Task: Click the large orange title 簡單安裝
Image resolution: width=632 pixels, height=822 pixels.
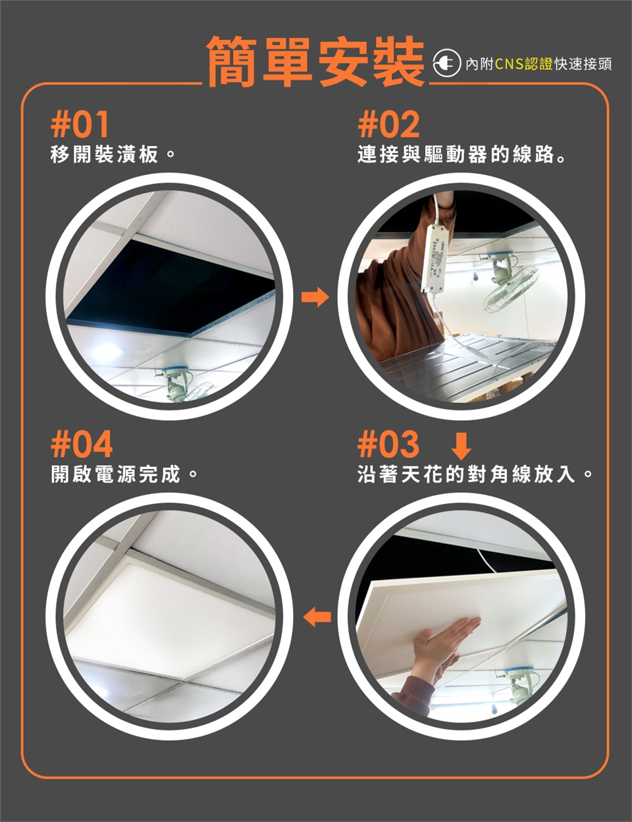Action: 315,63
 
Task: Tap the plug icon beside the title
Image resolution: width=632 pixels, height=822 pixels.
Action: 447,64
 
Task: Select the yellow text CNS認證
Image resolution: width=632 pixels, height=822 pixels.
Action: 523,65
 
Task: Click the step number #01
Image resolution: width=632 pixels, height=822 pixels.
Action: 80,124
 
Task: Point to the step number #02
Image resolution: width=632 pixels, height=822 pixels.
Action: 388,124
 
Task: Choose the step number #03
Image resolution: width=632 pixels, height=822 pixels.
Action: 388,444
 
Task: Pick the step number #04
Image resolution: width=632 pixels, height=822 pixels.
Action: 82,444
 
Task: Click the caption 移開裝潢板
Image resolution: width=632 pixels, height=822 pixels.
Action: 113,155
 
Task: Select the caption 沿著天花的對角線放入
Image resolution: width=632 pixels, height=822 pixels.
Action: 475,474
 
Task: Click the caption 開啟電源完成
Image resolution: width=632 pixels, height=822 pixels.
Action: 124,474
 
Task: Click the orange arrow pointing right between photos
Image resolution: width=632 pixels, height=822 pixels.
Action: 315,297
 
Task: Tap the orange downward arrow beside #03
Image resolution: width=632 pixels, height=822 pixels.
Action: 461,446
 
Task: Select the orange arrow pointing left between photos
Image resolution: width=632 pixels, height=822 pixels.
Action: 317,618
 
